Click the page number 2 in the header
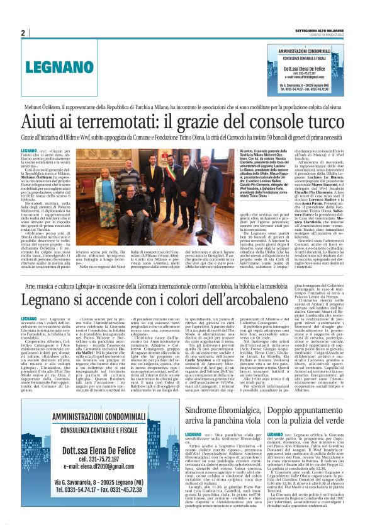click(x=23, y=33)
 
